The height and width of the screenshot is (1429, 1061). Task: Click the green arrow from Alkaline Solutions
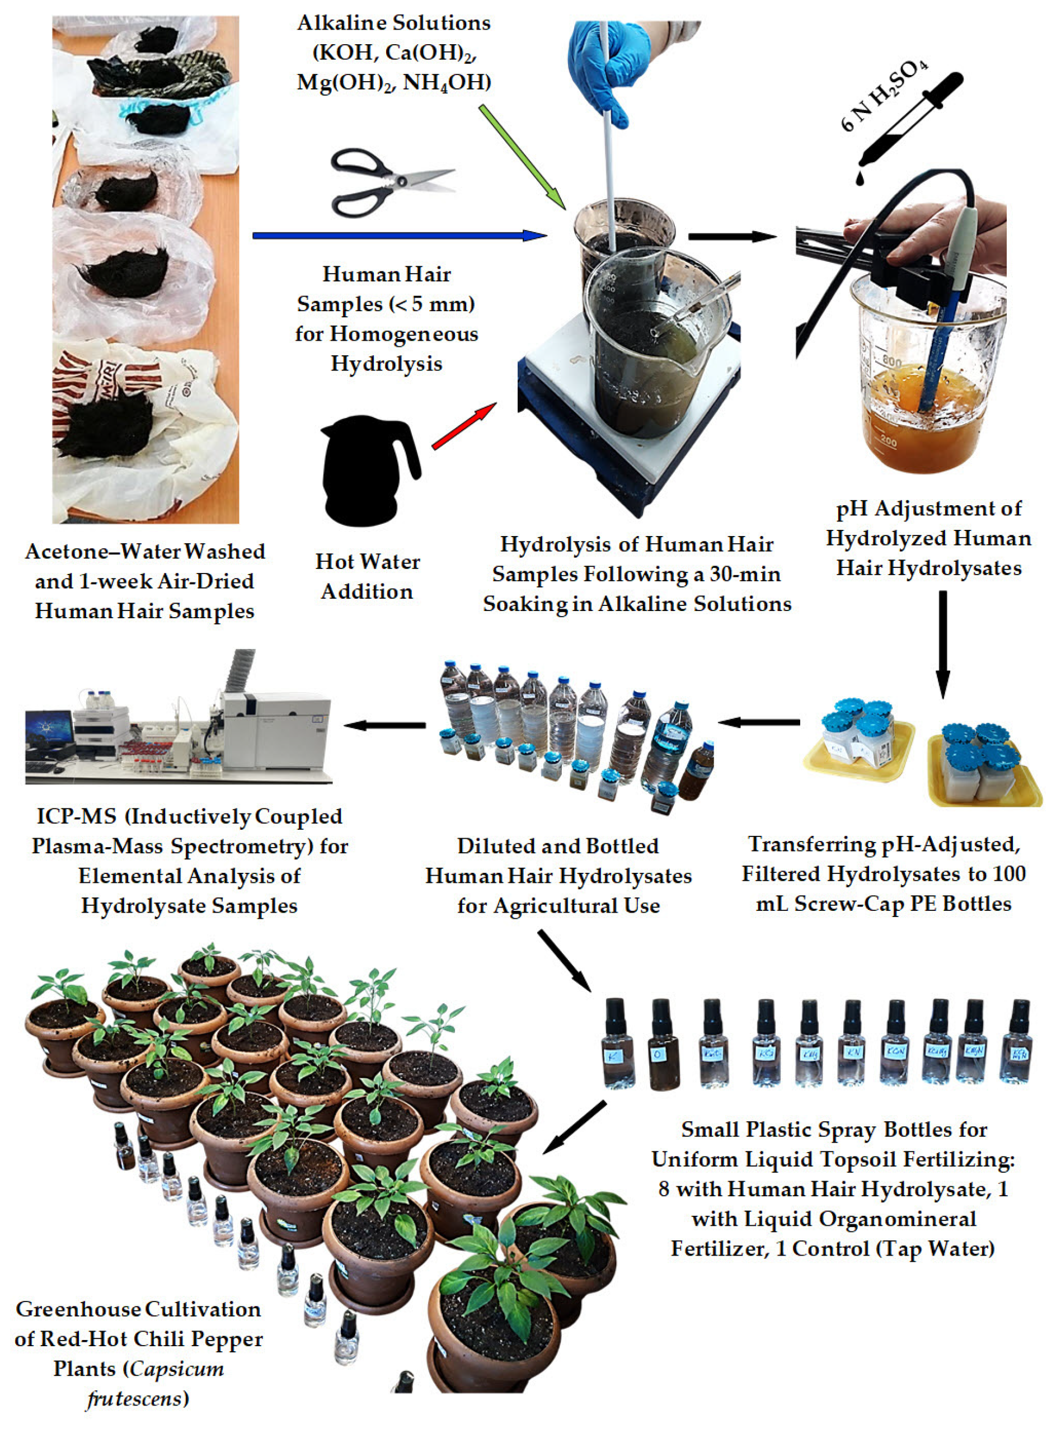pyautogui.click(x=522, y=157)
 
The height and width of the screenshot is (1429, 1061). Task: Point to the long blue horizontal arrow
pyautogui.click(x=398, y=236)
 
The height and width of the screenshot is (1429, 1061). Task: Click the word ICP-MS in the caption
pyautogui.click(x=76, y=817)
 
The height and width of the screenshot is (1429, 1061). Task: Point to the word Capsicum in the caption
pyautogui.click(x=177, y=1369)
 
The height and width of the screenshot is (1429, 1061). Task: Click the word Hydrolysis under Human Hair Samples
pyautogui.click(x=386, y=364)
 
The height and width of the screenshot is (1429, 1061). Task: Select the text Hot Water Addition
pyautogui.click(x=367, y=576)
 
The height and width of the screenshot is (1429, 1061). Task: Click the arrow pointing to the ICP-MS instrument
pyautogui.click(x=386, y=725)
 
